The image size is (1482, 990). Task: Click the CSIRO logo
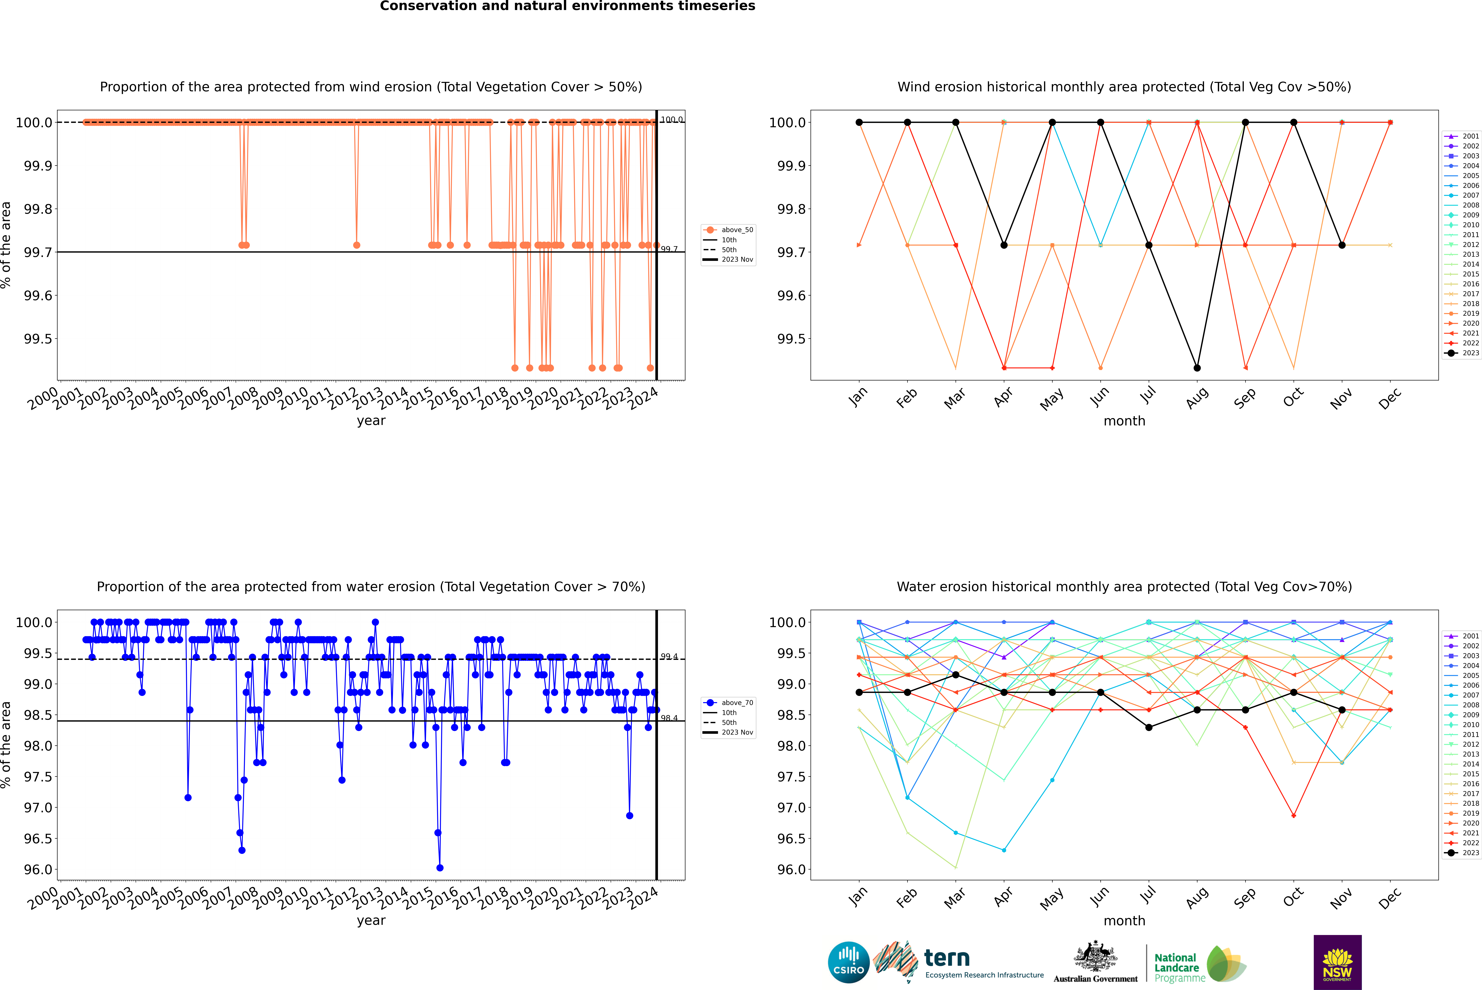pyautogui.click(x=848, y=962)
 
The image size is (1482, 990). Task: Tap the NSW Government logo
pyautogui.click(x=1337, y=962)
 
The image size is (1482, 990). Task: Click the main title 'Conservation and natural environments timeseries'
pyautogui.click(x=567, y=6)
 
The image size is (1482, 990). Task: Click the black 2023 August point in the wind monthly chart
pyautogui.click(x=1197, y=368)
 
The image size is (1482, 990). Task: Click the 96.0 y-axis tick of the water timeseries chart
pyautogui.click(x=38, y=869)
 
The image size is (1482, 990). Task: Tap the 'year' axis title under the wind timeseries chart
pyautogui.click(x=371, y=421)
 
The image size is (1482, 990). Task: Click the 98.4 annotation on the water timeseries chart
pyautogui.click(x=669, y=718)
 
